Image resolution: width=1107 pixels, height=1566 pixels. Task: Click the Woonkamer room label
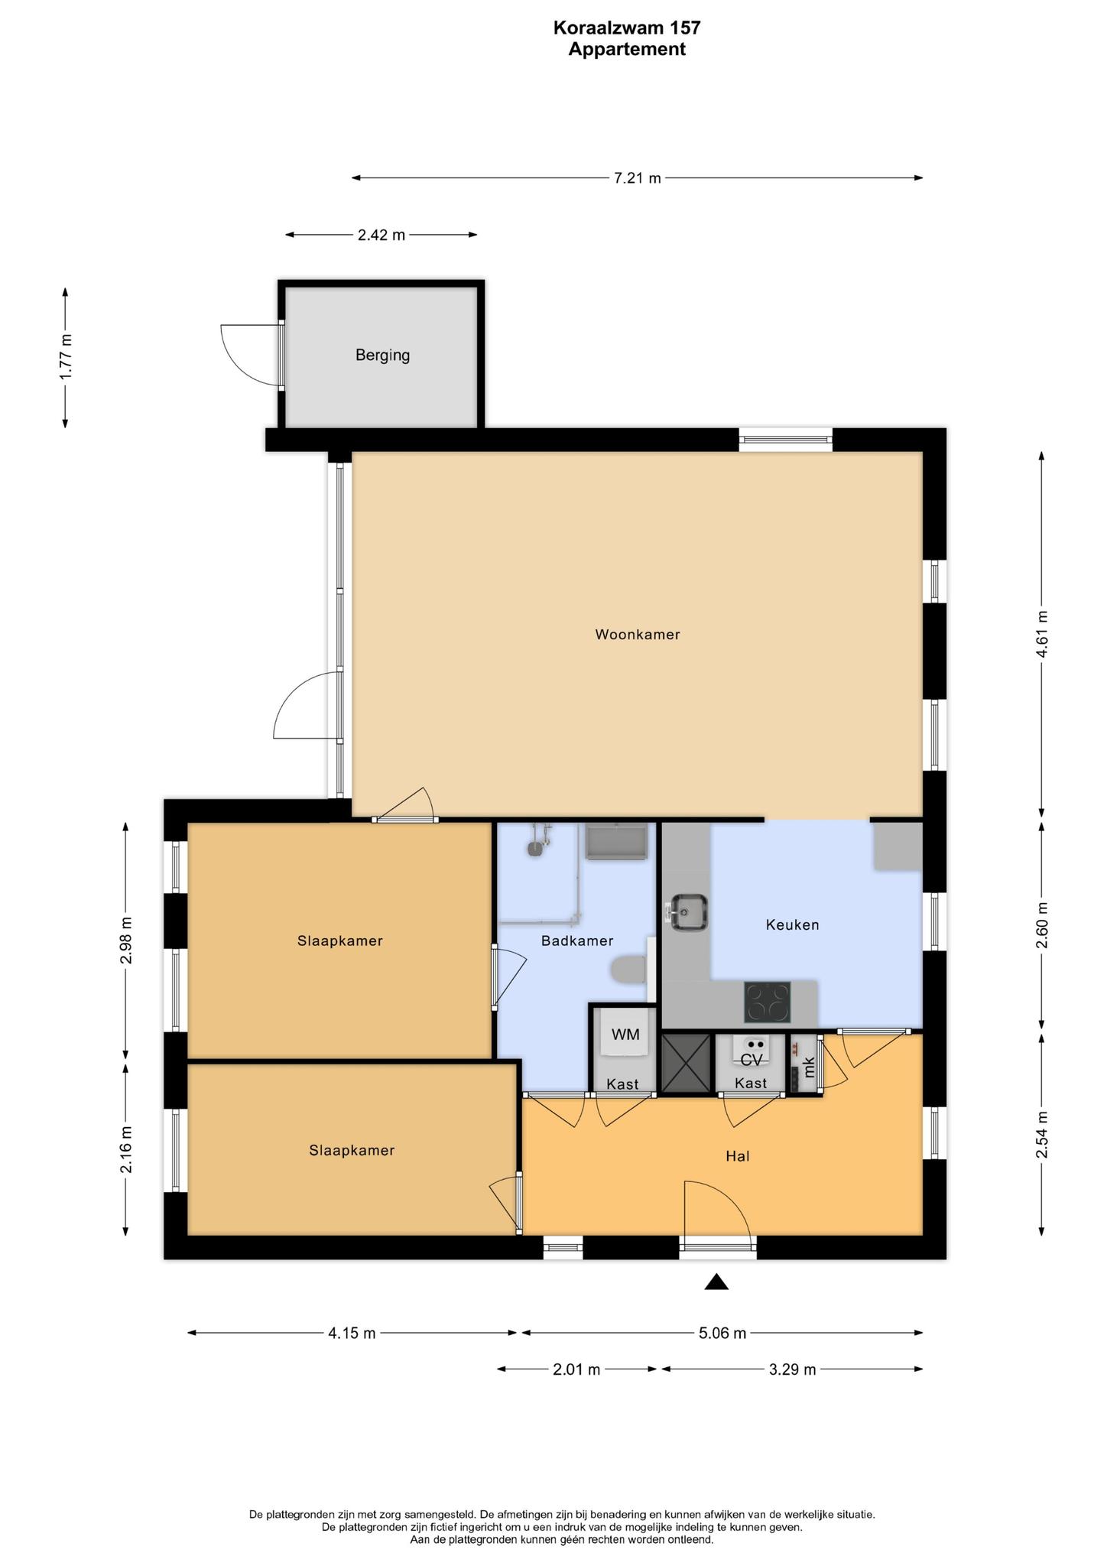(638, 634)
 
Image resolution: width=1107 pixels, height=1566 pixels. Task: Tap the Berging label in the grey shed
(382, 355)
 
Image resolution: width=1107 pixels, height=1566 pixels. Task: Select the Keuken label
(792, 924)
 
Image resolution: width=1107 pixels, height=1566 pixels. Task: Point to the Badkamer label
(577, 941)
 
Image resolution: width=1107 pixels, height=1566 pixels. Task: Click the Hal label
(738, 1156)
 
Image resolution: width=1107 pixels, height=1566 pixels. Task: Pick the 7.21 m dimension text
(638, 178)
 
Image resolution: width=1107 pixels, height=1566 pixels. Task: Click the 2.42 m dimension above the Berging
(381, 235)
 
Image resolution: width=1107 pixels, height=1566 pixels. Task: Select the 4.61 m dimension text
(1041, 634)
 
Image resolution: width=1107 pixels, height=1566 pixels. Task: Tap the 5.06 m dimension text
(722, 1334)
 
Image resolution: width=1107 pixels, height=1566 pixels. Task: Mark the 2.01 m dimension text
(576, 1369)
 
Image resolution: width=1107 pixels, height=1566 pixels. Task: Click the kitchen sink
(688, 911)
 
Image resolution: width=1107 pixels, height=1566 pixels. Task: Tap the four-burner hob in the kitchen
(768, 1002)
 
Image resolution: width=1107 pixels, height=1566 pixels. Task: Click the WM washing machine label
(625, 1035)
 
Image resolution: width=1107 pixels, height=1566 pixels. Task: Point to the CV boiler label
(752, 1060)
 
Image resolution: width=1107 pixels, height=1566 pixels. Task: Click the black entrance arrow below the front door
(716, 1282)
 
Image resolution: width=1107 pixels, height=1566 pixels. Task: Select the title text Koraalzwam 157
(627, 28)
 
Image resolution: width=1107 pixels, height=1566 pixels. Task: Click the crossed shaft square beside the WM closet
(686, 1064)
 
